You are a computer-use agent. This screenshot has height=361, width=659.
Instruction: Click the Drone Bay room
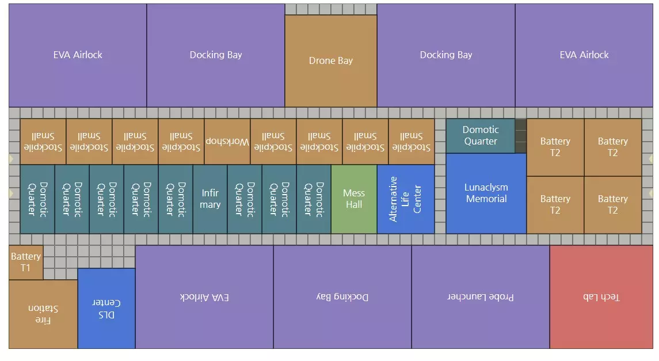point(330,60)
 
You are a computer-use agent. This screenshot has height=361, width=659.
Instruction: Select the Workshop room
point(227,142)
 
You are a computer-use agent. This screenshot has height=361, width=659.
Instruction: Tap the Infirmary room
point(210,199)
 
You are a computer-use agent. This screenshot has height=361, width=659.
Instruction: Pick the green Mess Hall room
point(353,199)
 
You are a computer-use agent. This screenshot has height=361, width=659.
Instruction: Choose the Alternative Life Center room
point(405,199)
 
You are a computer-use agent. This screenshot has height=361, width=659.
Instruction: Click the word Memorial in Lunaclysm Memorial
point(486,199)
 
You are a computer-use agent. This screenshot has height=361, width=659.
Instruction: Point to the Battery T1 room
point(26,262)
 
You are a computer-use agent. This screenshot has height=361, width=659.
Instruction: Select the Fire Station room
point(43,314)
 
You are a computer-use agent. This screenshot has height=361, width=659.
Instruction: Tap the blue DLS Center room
point(106,309)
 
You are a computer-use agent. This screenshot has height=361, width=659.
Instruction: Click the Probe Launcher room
point(481,297)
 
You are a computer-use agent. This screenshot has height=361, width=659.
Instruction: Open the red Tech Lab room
point(601,297)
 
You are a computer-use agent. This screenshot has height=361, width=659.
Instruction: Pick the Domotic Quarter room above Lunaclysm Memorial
point(480,136)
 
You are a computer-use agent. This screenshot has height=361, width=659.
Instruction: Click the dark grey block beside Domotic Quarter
point(520,136)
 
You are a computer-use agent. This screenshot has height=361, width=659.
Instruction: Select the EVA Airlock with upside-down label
point(204,297)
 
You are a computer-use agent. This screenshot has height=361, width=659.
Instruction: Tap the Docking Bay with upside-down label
point(342,297)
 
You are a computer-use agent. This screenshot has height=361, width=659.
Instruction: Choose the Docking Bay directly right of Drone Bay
point(446,55)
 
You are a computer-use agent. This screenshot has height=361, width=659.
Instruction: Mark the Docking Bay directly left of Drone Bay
point(216,55)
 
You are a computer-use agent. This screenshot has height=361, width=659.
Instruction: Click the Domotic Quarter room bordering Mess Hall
point(314,199)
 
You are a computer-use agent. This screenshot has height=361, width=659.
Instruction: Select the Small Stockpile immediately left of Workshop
point(181,142)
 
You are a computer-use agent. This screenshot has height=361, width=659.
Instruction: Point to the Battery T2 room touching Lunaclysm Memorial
point(555,204)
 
